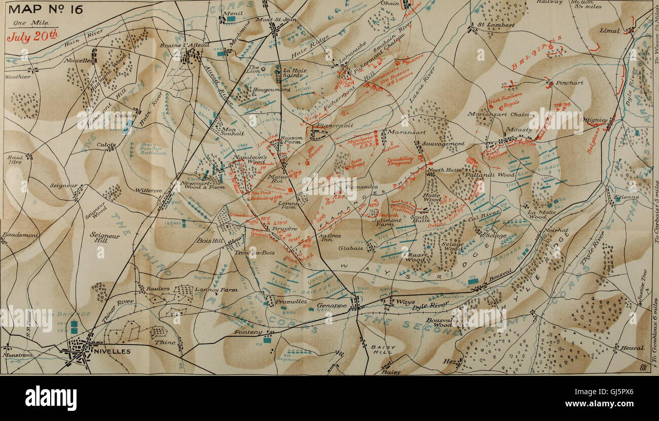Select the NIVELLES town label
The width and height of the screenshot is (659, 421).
pos(111,351)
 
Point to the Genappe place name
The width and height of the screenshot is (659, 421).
pos(332,305)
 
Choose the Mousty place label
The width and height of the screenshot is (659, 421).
pos(519,130)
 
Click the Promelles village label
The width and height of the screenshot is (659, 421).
pos(291,301)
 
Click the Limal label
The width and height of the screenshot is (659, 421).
pos(609,30)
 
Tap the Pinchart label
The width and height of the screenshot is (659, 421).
pos(569,82)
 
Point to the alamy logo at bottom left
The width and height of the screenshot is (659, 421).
pos(51,398)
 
